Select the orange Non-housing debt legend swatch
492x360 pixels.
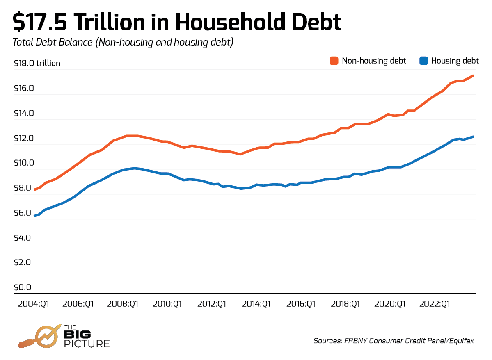tap(334, 61)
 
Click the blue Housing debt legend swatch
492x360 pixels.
tap(423, 61)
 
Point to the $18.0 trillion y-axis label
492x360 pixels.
tap(37, 63)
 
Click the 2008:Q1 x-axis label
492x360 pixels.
tap(123, 304)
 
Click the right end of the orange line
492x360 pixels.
tap(474, 75)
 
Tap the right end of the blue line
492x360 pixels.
tap(474, 137)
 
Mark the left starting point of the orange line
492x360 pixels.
tap(34, 190)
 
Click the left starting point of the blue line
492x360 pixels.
tap(34, 216)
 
